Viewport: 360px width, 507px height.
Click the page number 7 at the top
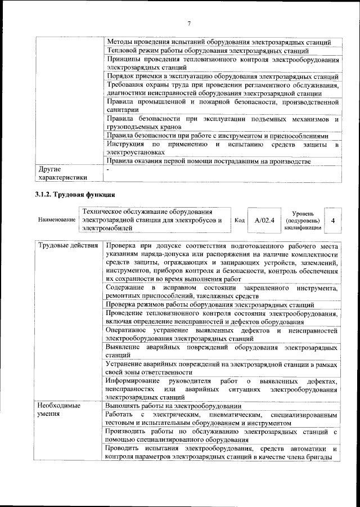click(x=189, y=23)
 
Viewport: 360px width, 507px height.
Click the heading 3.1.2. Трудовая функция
click(x=72, y=195)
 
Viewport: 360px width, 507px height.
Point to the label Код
click(x=238, y=221)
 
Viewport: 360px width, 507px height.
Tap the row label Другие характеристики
click(x=62, y=173)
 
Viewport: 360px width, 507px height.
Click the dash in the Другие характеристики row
click(x=107, y=169)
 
